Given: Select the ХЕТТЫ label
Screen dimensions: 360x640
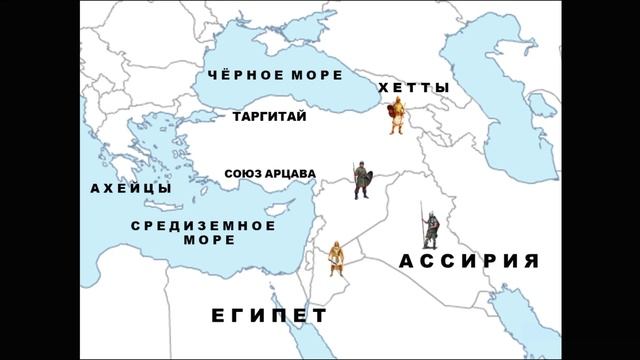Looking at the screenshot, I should [x=414, y=89].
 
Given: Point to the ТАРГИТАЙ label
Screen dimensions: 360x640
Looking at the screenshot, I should [x=269, y=117].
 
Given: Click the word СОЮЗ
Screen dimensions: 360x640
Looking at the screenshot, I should [x=245, y=174].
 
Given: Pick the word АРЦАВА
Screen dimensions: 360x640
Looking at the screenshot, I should [x=291, y=174].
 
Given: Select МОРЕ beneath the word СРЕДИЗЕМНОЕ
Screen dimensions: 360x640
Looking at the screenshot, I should [x=208, y=240].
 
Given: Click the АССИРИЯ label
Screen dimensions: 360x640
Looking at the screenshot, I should [x=469, y=262].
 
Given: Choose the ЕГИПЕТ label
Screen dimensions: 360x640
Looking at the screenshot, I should [x=269, y=316].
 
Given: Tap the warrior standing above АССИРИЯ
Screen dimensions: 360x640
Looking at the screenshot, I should [x=429, y=229].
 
